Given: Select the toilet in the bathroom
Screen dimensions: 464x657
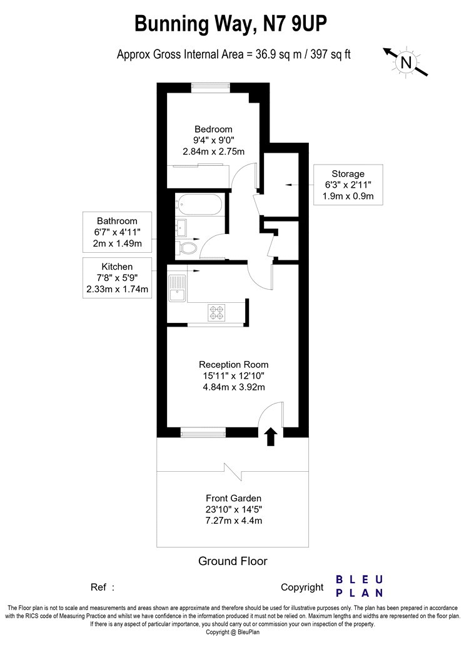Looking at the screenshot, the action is tap(187, 247).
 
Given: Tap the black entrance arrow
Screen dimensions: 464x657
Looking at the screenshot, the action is tap(271, 437).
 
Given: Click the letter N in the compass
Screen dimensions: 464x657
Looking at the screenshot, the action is tap(406, 63).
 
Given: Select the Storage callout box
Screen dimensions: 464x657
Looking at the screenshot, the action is tap(348, 185).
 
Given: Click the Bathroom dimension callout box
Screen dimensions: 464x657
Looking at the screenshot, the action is tap(118, 232).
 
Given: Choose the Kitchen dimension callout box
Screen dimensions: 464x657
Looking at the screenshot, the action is tap(118, 278).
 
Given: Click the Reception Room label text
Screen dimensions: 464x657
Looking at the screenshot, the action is tap(234, 365).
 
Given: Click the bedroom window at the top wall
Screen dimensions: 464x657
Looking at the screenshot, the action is tap(211, 88).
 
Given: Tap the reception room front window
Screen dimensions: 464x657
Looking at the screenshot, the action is tap(203, 432).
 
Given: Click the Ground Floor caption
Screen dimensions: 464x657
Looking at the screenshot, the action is tap(233, 561).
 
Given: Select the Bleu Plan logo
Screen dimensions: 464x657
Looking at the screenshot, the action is tap(360, 586).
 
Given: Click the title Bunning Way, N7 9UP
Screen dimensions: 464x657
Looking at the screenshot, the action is tap(231, 24).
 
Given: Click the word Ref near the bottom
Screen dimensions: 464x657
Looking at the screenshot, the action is tap(98, 588).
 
